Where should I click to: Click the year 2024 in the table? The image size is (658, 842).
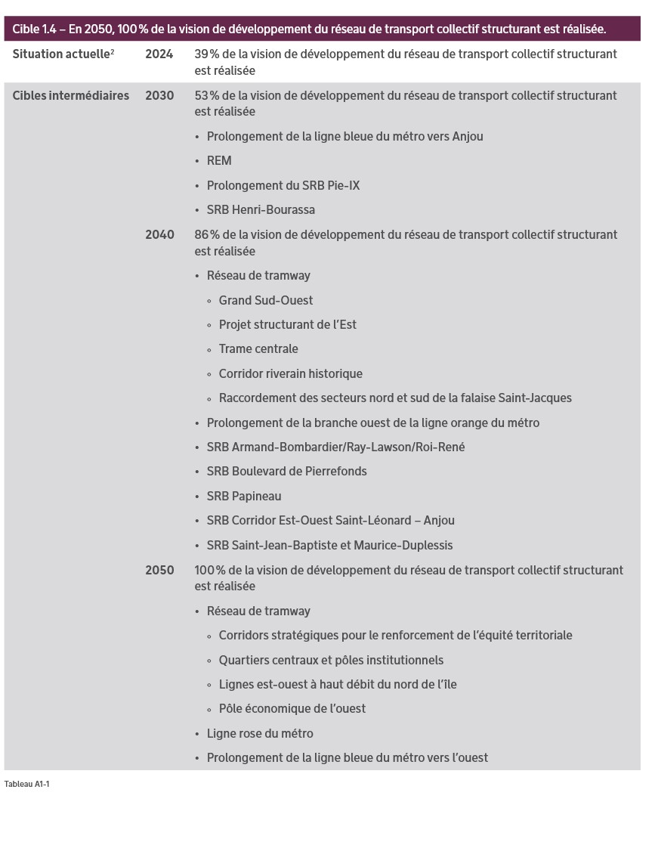pos(159,54)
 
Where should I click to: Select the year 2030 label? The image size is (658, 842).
pos(159,96)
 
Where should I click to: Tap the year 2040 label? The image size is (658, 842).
pos(159,235)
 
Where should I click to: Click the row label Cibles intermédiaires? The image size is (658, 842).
pos(70,96)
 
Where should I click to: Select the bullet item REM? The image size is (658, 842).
pos(219,161)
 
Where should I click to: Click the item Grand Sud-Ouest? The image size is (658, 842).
pos(266,301)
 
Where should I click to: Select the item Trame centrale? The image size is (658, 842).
pos(258,349)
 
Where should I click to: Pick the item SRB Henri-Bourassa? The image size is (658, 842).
pos(261,210)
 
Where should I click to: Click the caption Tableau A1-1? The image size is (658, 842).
pos(26,785)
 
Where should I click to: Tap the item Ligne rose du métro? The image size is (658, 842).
pos(260,734)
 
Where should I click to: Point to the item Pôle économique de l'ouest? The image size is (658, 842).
pos(292,709)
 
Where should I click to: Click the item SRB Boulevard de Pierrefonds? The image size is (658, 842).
pos(286,472)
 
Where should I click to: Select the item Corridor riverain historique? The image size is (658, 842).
pos(290,374)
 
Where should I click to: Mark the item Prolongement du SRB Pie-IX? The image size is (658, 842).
pos(283,186)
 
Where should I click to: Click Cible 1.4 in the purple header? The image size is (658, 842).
pos(33,29)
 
